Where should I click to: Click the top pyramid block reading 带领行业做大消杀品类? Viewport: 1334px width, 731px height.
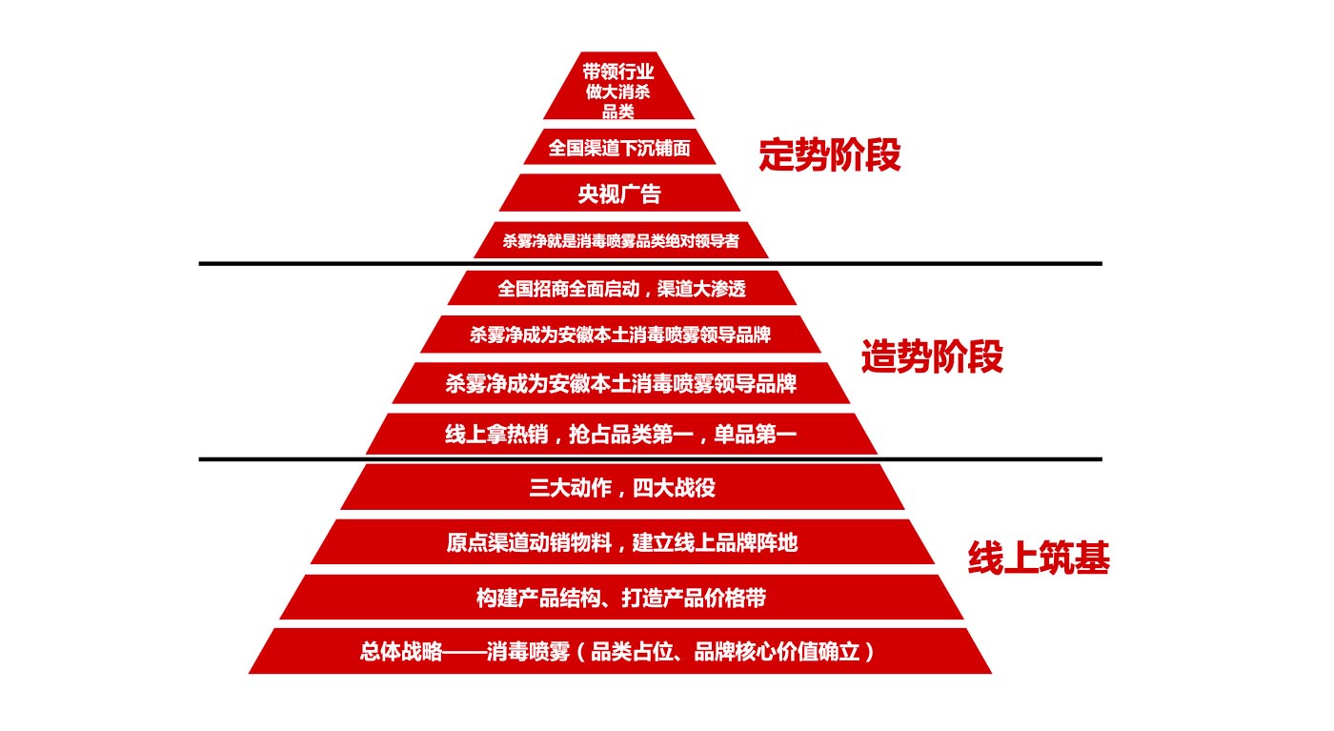[619, 91]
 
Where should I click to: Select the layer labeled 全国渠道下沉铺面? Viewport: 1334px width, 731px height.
[619, 148]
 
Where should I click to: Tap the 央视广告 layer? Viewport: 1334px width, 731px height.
[619, 193]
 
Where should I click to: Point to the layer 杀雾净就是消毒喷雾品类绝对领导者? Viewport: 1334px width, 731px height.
[620, 241]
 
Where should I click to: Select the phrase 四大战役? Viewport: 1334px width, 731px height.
[677, 488]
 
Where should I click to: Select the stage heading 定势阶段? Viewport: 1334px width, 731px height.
[829, 155]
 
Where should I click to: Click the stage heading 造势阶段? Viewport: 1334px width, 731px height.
[932, 357]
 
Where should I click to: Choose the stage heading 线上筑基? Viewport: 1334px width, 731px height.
[1039, 558]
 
